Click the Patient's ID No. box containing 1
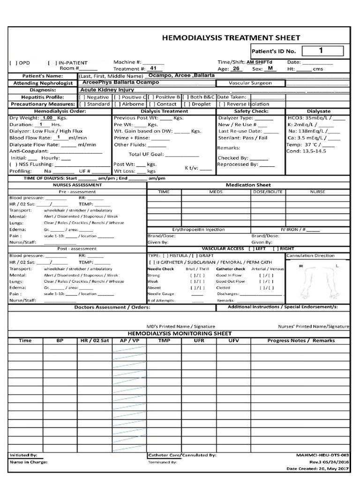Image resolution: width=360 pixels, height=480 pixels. point(321,50)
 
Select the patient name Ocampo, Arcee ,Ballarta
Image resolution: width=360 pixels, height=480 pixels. point(181,75)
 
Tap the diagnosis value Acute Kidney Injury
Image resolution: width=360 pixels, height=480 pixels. point(107,90)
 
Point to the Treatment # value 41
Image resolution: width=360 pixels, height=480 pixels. point(153,68)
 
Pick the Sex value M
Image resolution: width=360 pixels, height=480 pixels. point(270,68)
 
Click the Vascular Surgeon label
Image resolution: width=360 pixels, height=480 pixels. point(250,83)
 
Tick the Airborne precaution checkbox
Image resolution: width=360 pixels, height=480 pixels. point(117,104)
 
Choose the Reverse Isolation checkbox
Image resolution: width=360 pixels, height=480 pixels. point(223,104)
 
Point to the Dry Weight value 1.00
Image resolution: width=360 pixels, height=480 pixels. point(48,118)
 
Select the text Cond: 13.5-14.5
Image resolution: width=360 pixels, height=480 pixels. point(307,151)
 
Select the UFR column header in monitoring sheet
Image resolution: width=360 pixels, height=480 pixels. point(198,340)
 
